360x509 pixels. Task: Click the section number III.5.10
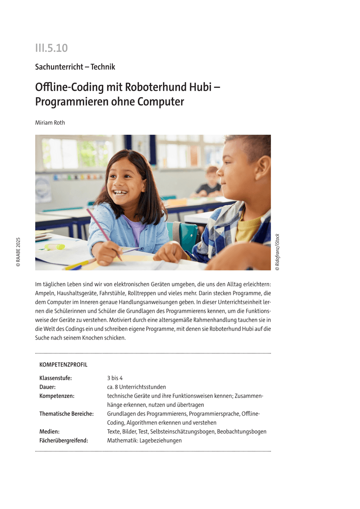(x=51, y=48)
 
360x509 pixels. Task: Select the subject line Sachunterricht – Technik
(x=75, y=67)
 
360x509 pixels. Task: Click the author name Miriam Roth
(x=50, y=123)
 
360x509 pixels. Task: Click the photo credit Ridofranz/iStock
(x=277, y=252)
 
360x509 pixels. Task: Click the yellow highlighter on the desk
(x=55, y=246)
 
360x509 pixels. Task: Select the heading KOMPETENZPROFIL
(x=63, y=365)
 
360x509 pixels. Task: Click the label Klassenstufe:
(x=56, y=378)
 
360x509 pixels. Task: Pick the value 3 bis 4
(x=115, y=378)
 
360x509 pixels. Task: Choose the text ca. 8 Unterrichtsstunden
(x=136, y=387)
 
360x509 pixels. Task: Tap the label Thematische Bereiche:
(x=67, y=414)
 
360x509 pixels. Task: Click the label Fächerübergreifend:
(x=64, y=440)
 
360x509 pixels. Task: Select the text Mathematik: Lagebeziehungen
(x=144, y=440)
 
